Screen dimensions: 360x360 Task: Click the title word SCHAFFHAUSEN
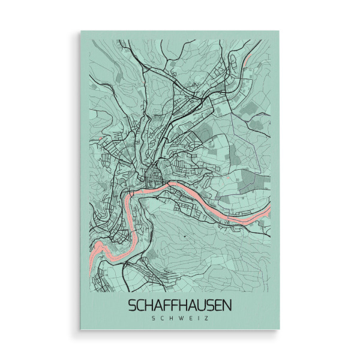coord(180,305)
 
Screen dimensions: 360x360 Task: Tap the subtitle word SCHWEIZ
coord(180,319)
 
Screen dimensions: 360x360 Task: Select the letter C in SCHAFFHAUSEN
coord(142,305)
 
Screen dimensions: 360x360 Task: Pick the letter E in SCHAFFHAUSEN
coord(217,305)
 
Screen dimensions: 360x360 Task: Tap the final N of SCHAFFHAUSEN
coord(226,305)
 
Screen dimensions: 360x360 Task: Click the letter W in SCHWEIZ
coord(176,319)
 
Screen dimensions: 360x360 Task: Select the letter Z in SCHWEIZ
coord(206,319)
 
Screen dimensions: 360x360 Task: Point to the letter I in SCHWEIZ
coord(196,319)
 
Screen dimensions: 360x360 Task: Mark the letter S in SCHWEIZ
coord(154,319)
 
